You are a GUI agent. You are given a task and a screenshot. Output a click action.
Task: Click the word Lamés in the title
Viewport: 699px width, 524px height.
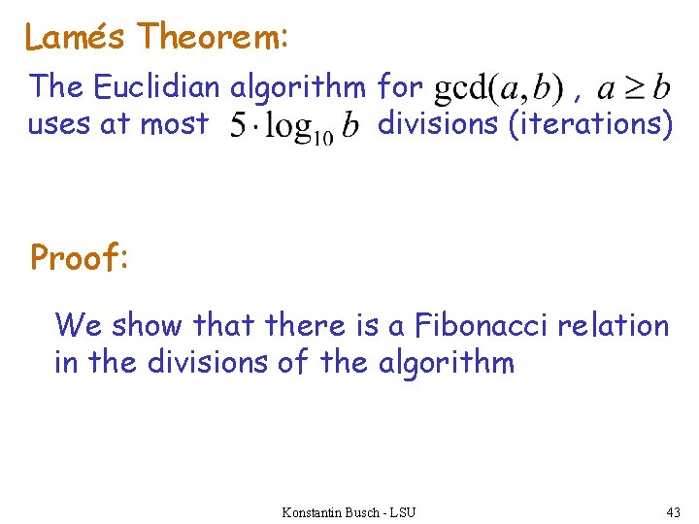pyautogui.click(x=77, y=37)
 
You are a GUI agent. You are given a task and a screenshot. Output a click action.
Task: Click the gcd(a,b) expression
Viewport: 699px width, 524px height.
pyautogui.click(x=496, y=89)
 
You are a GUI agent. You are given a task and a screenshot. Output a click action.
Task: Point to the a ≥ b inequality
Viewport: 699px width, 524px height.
pyautogui.click(x=633, y=89)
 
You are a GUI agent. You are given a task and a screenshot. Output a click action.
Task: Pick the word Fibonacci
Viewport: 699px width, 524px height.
pyautogui.click(x=481, y=325)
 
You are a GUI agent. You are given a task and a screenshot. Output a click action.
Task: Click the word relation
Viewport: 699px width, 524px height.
pyautogui.click(x=614, y=325)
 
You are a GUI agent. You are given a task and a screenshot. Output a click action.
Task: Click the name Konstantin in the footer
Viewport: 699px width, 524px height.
pyautogui.click(x=315, y=511)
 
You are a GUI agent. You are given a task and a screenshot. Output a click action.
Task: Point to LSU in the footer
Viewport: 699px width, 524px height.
pyautogui.click(x=402, y=511)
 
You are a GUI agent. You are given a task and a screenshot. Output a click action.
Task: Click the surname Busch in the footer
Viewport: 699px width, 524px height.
pyautogui.click(x=366, y=511)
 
